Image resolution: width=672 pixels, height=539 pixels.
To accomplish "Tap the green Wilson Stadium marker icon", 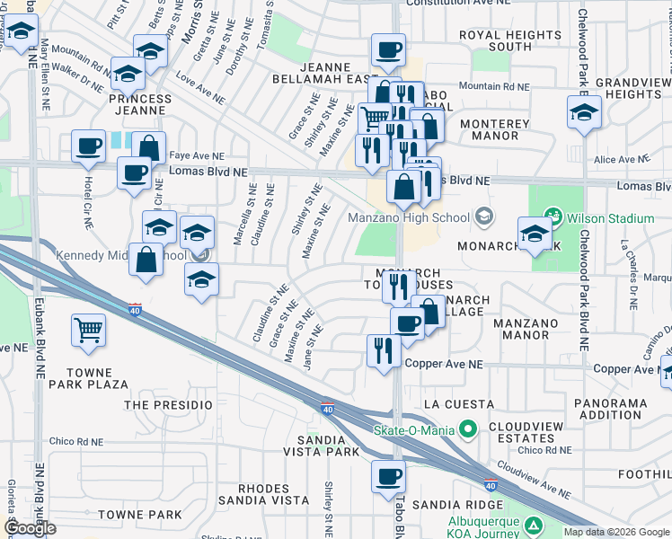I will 554,217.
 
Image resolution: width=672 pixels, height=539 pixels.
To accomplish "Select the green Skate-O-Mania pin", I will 466,430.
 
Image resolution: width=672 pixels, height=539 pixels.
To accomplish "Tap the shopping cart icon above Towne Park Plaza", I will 87,331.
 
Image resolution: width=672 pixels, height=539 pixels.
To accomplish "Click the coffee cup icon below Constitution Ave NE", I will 388,49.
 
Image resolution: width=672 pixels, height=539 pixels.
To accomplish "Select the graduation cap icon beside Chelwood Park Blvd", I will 584,113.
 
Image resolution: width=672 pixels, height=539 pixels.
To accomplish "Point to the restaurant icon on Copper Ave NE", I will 385,349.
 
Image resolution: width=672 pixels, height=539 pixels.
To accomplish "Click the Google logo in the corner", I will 30,528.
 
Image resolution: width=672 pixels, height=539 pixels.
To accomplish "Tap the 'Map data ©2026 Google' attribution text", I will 616,532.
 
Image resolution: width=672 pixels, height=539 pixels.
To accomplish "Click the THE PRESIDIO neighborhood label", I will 160,405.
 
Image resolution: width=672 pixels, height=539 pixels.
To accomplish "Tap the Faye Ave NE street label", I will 197,155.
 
